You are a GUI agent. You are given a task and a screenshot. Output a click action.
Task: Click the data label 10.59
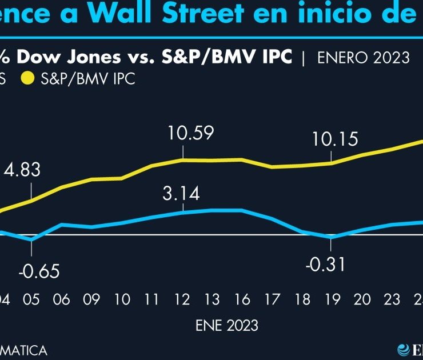(x=191, y=134)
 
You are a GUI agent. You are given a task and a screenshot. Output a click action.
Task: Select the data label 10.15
(x=335, y=139)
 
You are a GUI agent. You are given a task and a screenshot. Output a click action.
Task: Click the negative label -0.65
(x=38, y=271)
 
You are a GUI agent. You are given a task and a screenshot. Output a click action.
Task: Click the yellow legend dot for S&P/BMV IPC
(x=27, y=79)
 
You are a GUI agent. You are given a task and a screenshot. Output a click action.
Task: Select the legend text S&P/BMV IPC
(x=88, y=79)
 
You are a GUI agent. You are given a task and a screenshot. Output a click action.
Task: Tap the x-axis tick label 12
(x=182, y=299)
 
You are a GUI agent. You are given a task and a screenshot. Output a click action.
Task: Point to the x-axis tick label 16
(x=242, y=299)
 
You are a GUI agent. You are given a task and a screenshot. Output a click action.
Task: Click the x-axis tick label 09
(x=91, y=299)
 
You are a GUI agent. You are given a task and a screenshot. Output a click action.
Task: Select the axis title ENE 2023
(x=227, y=326)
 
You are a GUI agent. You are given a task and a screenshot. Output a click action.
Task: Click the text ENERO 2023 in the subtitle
(x=363, y=57)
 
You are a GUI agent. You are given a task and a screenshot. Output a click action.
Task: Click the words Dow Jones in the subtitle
(x=68, y=57)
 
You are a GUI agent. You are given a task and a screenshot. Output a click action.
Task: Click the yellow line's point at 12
(x=182, y=159)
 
